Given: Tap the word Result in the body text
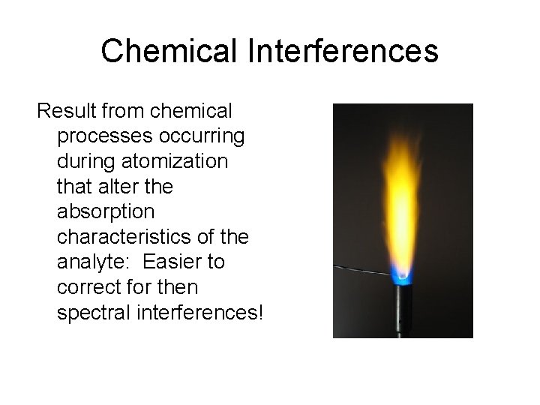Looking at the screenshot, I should coord(68,112).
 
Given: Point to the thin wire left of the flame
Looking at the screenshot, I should coord(360,270).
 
